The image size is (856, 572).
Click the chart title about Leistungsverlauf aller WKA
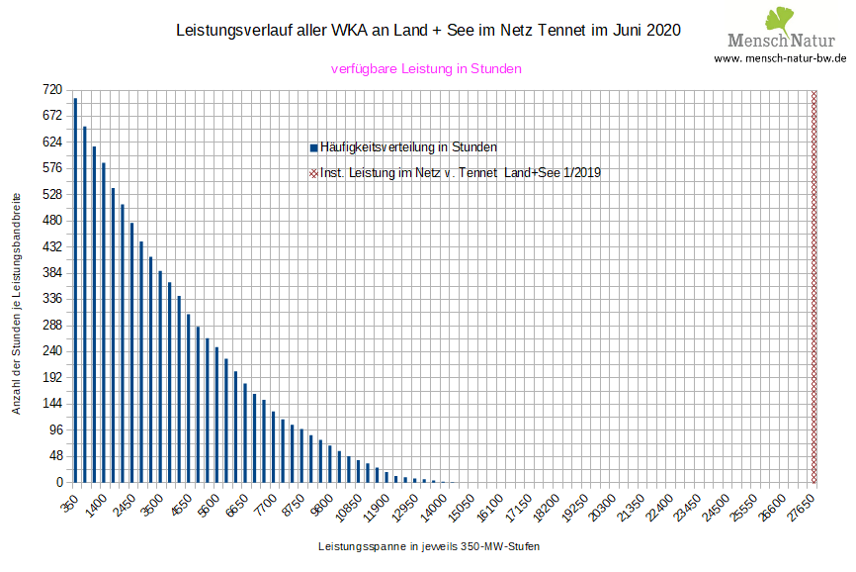point(428,31)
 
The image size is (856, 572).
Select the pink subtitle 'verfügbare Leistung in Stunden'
point(426,69)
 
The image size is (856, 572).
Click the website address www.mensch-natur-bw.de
point(780,58)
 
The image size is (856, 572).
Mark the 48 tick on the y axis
point(55,455)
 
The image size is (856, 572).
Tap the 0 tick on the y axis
point(58,482)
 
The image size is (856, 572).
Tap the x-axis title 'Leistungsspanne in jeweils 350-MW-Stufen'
point(429,546)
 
